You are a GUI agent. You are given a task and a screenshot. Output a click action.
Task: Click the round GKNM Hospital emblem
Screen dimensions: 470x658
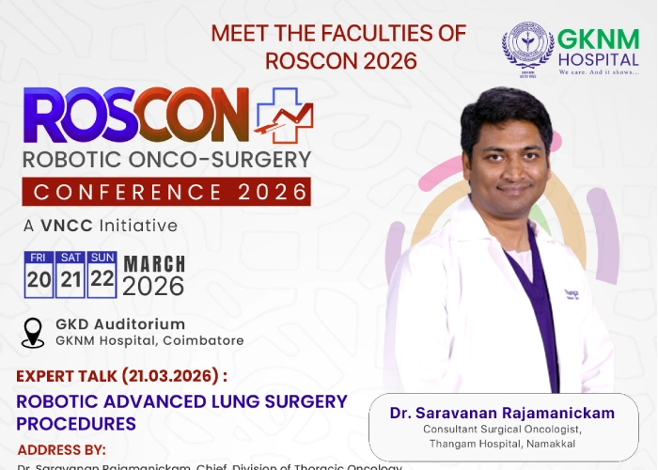click(x=527, y=49)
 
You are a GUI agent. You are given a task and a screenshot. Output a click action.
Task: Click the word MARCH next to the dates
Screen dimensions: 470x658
click(x=154, y=264)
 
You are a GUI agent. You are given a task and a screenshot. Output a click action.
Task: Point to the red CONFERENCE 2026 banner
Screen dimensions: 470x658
click(x=166, y=192)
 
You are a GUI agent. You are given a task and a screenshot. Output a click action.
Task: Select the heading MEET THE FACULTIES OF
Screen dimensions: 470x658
click(x=337, y=34)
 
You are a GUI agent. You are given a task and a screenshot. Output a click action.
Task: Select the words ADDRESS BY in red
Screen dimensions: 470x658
click(x=61, y=449)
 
